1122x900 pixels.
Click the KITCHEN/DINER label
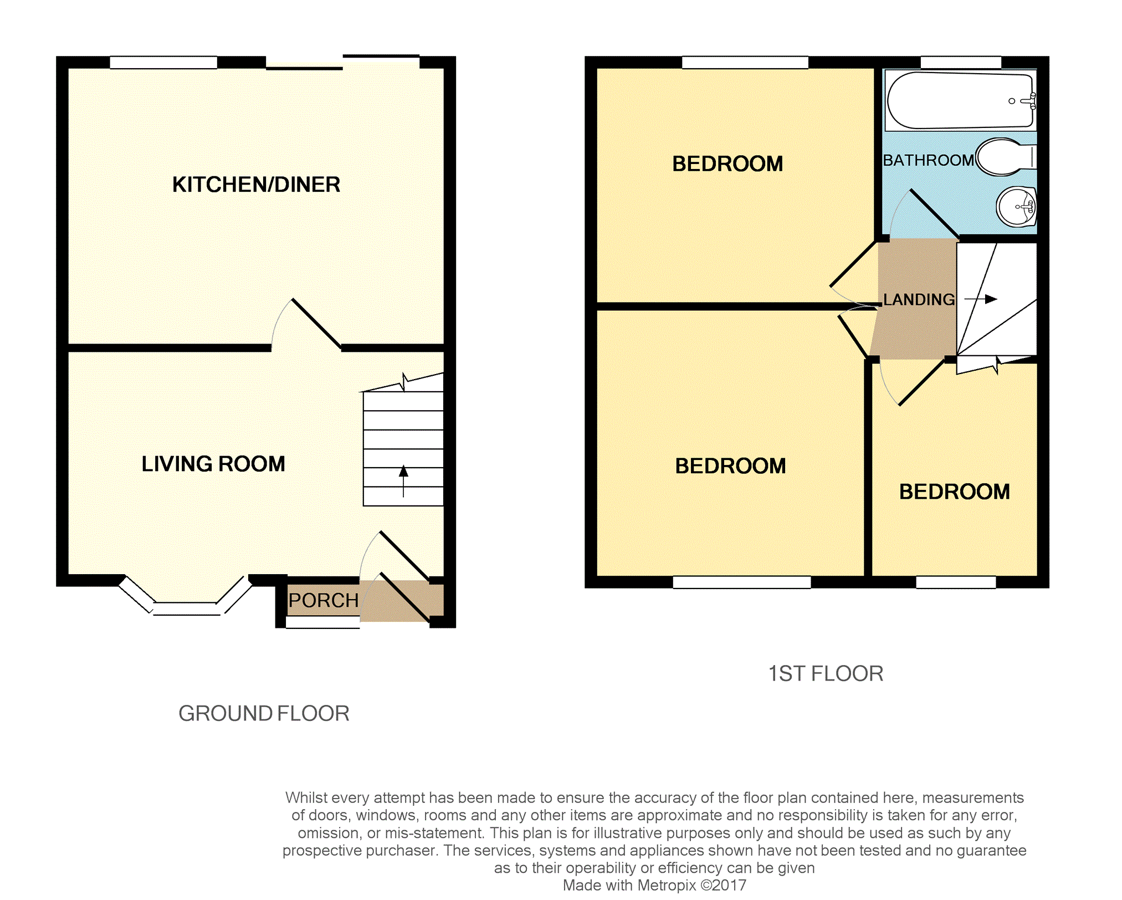point(256,185)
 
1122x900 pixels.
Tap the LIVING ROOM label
point(213,464)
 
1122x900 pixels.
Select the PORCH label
point(324,600)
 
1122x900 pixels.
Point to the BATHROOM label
point(928,160)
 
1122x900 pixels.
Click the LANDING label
point(919,299)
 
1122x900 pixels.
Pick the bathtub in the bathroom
point(960,100)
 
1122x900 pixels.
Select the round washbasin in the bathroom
point(1016,207)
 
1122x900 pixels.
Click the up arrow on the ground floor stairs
point(403,481)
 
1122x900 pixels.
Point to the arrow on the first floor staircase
point(981,299)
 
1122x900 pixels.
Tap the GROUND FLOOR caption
point(264,713)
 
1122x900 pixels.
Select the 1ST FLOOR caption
point(826,673)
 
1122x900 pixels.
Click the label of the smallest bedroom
point(954,492)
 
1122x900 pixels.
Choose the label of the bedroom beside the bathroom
point(727,163)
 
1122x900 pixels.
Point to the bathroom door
point(925,214)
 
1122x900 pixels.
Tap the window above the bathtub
point(961,62)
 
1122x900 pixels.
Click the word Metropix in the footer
point(667,885)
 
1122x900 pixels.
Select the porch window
point(322,622)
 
